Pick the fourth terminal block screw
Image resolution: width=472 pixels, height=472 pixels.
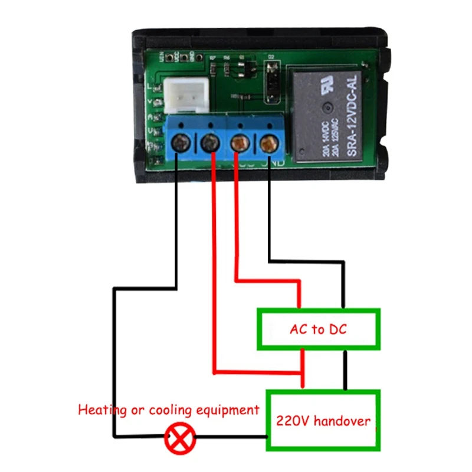tap(268, 143)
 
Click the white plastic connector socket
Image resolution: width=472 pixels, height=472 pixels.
tap(183, 94)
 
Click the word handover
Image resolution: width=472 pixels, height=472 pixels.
tap(342, 421)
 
